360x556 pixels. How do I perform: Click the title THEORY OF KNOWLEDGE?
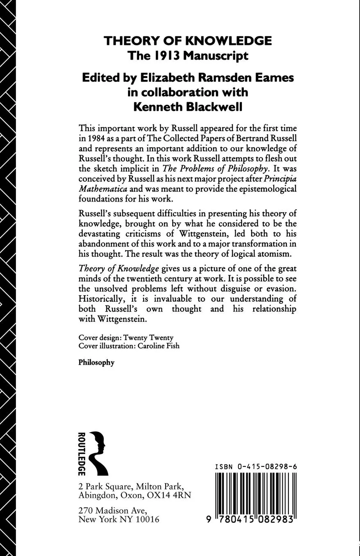coord(187,41)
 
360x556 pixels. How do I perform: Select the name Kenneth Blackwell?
coord(188,107)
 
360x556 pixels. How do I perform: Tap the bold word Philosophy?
coord(97,363)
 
